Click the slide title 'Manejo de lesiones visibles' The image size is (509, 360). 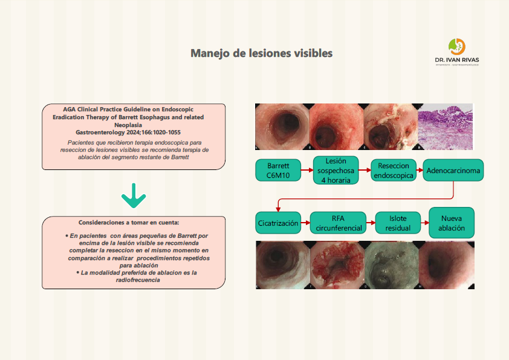pyautogui.click(x=261, y=53)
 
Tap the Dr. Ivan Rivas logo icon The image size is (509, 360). pyautogui.click(x=456, y=47)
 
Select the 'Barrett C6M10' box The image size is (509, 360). pyautogui.click(x=278, y=171)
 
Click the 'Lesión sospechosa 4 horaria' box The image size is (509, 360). pyautogui.click(x=336, y=171)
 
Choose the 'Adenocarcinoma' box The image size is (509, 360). pyautogui.click(x=453, y=171)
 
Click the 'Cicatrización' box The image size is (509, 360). pyautogui.click(x=278, y=223)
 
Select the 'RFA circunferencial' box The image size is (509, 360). pyautogui.click(x=338, y=223)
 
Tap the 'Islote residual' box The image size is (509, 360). pyautogui.click(x=398, y=223)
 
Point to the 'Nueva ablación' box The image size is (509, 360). pyautogui.click(x=452, y=223)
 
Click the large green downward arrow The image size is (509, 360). pyautogui.click(x=134, y=195)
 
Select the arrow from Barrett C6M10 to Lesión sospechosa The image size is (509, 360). pyautogui.click(x=306, y=171)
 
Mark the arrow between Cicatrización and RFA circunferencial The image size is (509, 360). pyautogui.click(x=305, y=223)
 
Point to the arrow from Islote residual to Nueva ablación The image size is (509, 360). pyautogui.click(x=425, y=223)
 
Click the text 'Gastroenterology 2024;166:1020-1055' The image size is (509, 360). pyautogui.click(x=128, y=132)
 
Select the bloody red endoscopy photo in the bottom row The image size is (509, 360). pyautogui.click(x=338, y=264)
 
